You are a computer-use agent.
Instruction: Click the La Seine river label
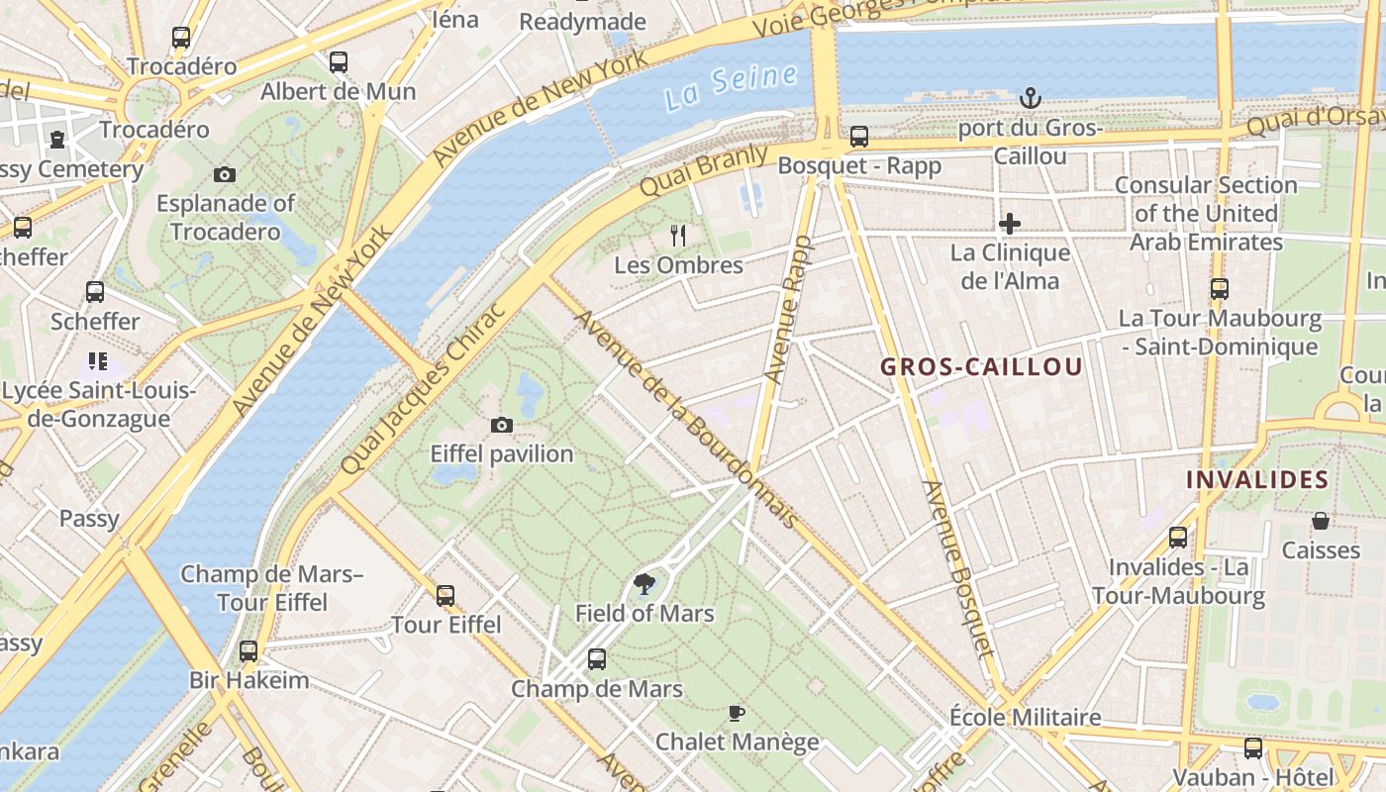point(731,85)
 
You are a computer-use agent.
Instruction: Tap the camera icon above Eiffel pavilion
point(502,426)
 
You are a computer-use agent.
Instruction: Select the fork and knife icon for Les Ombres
point(678,236)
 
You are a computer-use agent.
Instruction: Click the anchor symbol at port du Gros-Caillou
point(1031,98)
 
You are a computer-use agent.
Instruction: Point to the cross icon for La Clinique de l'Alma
point(1010,224)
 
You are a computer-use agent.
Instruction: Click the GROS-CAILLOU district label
point(981,367)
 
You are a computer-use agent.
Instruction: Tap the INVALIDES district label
point(1257,480)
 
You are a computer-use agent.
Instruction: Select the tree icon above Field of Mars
point(644,584)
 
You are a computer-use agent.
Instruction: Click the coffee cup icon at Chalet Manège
point(737,713)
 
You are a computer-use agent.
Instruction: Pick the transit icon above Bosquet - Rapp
point(859,137)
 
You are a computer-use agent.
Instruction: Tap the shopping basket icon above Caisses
point(1321,521)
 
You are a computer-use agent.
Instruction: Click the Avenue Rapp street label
point(789,309)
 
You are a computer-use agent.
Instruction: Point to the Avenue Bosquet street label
point(956,569)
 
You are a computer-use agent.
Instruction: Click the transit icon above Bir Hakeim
point(248,651)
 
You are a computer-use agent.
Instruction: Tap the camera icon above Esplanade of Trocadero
point(225,175)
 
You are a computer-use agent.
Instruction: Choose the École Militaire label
point(1025,717)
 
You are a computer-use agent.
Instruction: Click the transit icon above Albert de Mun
point(339,62)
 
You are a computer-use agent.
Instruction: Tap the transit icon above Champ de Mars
point(597,659)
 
